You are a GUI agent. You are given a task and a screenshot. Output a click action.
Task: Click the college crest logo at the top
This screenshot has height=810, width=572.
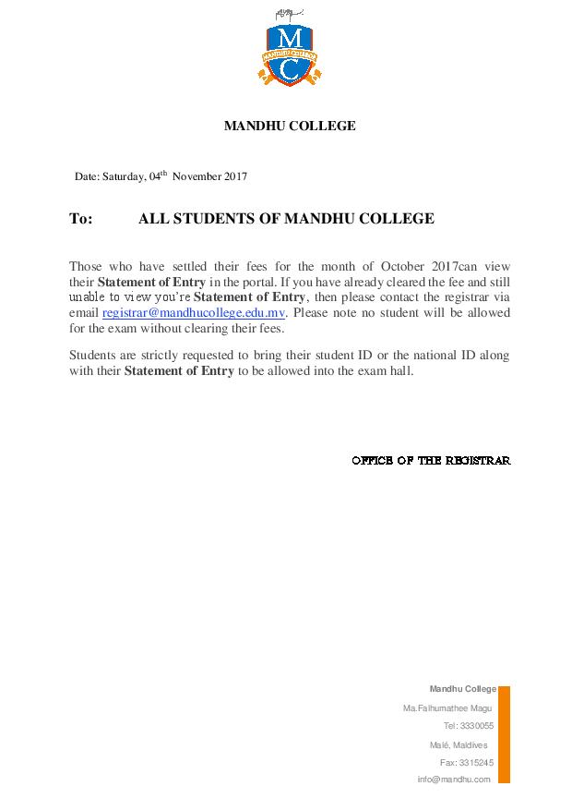(289, 53)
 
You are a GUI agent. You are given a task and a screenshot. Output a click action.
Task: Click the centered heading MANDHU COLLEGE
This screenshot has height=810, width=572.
(290, 127)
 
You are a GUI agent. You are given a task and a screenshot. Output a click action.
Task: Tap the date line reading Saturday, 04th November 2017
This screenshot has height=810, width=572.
(161, 175)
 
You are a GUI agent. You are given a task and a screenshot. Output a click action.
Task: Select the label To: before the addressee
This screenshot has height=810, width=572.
(81, 219)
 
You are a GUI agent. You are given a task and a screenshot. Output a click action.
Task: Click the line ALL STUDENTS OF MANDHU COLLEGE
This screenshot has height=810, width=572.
(286, 219)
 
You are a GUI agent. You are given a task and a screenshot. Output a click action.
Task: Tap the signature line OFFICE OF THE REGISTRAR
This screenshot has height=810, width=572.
(431, 460)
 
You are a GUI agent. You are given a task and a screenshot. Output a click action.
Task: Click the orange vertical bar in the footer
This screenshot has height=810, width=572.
(504, 733)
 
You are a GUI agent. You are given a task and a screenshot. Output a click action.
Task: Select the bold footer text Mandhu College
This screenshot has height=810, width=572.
(463, 689)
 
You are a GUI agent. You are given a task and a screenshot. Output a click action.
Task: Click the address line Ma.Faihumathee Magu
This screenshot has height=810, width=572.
(447, 707)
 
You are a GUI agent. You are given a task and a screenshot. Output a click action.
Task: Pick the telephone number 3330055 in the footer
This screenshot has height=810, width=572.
(476, 726)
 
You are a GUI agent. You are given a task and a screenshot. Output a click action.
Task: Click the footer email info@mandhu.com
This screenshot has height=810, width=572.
(454, 780)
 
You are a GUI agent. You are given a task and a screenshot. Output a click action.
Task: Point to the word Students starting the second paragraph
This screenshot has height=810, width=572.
(92, 356)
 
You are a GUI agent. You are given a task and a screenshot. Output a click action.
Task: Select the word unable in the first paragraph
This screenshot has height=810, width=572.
(89, 297)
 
